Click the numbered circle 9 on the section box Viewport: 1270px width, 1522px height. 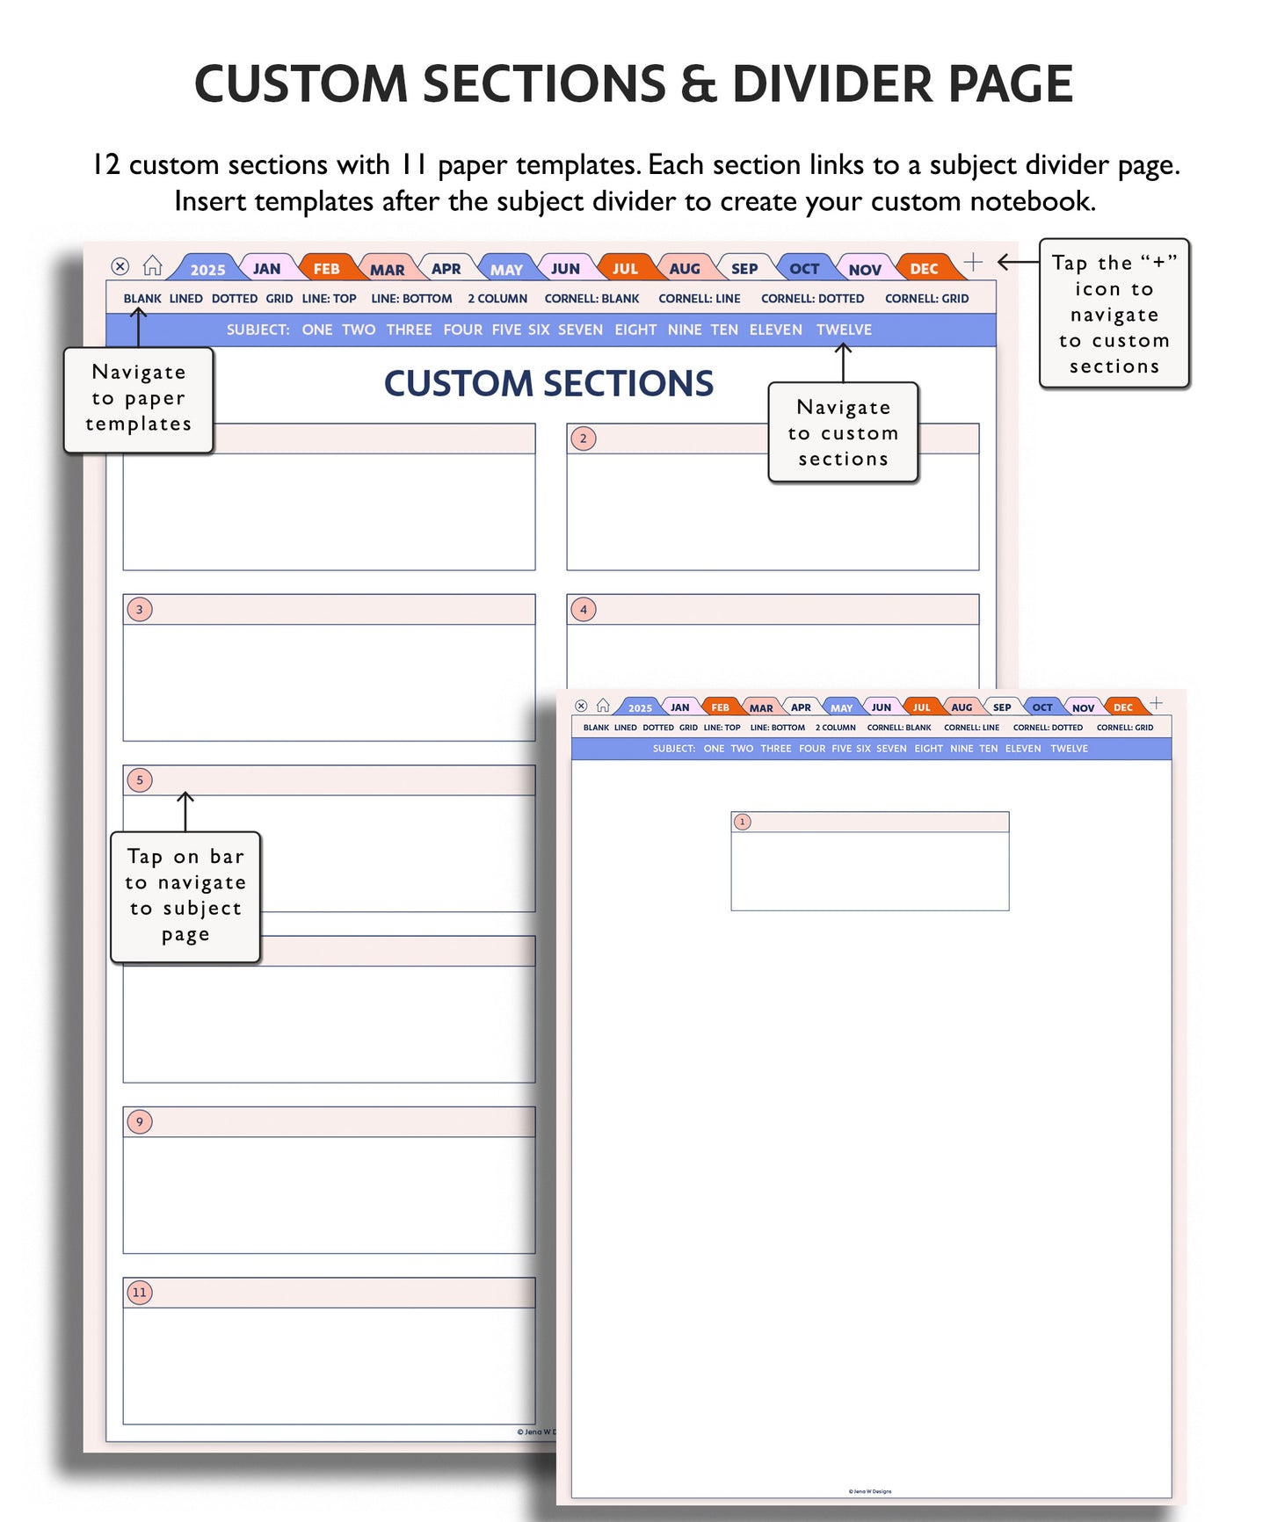140,1121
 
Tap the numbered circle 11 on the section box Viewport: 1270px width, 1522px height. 140,1292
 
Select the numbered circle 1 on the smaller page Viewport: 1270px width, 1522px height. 743,822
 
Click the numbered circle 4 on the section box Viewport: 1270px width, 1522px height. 584,609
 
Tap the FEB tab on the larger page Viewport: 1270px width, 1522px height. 326,269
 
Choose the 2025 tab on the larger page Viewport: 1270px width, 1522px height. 207,270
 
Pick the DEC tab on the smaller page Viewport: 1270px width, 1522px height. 1122,707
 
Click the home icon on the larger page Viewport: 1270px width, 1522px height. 153,265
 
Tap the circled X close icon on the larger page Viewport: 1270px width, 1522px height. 120,266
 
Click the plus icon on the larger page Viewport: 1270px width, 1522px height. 973,262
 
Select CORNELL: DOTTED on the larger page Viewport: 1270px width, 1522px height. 812,299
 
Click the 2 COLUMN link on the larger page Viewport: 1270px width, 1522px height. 497,299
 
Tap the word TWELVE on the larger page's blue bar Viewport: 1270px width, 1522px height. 844,330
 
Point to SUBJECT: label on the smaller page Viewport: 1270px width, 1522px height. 673,749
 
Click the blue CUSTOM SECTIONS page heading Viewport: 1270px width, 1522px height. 548,384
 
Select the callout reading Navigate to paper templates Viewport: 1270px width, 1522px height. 139,399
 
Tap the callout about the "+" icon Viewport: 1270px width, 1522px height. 1114,314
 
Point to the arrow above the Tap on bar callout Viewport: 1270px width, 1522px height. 185,810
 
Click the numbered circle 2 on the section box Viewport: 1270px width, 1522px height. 584,438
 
